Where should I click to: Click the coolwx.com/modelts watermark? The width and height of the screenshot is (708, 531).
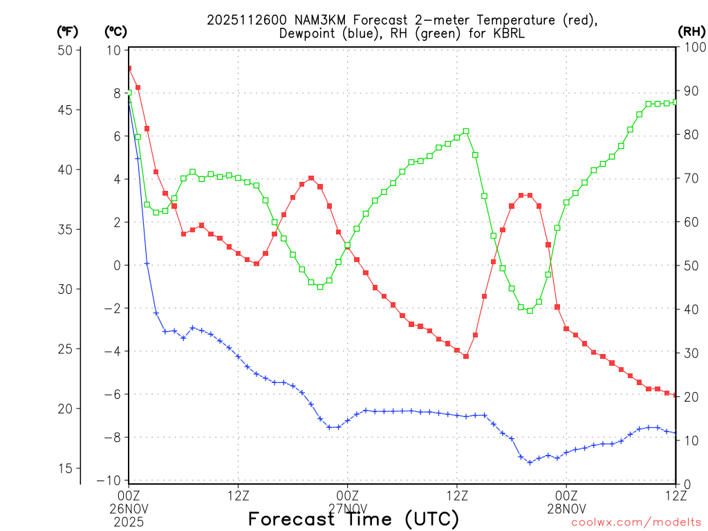coord(636,523)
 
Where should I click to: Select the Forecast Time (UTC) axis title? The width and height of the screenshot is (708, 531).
coord(353,519)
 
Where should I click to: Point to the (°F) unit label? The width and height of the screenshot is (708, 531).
coord(68,31)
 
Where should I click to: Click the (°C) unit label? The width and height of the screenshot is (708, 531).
coord(115,31)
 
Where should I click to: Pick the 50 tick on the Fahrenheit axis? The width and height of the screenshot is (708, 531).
coord(66,50)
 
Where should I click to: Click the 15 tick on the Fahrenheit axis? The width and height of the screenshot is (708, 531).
coord(66,468)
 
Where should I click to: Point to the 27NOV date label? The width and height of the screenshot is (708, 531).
coord(347,507)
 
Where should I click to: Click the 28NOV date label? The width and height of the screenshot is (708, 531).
coord(566,507)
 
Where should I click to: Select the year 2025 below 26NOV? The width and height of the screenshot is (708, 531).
coord(129,519)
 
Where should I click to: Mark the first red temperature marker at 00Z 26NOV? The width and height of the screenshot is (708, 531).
coord(129,68)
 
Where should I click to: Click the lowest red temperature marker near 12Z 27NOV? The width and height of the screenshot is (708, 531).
coord(466,356)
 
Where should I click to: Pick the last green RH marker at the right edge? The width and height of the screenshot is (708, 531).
coord(676,102)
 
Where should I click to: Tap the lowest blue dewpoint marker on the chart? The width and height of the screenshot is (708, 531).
coord(530,462)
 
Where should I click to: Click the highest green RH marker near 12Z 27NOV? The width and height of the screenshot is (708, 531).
coord(466,131)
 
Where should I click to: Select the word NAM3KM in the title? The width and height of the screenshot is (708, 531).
coord(304,20)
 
